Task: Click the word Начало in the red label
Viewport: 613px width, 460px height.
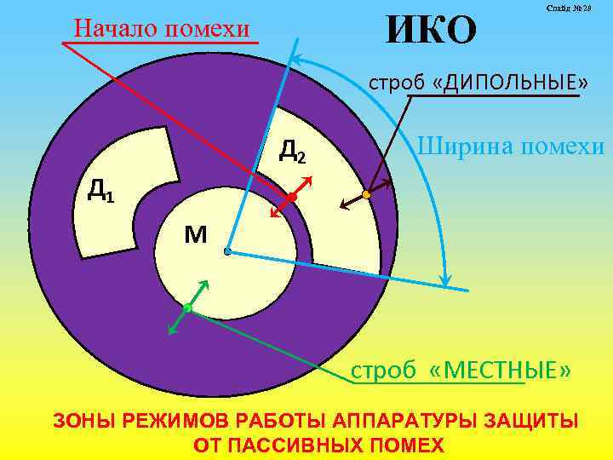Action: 118,28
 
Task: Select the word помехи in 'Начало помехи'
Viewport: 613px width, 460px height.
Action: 209,28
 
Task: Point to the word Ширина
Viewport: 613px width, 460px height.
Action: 464,146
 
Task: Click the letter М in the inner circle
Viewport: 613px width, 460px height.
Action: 195,233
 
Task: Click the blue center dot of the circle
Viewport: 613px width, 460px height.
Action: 227,252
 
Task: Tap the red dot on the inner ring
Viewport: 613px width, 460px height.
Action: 292,197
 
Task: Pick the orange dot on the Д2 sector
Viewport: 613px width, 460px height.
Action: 367,194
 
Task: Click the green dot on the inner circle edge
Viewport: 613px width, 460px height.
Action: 187,308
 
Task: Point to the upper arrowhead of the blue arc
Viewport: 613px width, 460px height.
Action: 295,60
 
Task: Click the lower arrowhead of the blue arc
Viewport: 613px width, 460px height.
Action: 443,278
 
